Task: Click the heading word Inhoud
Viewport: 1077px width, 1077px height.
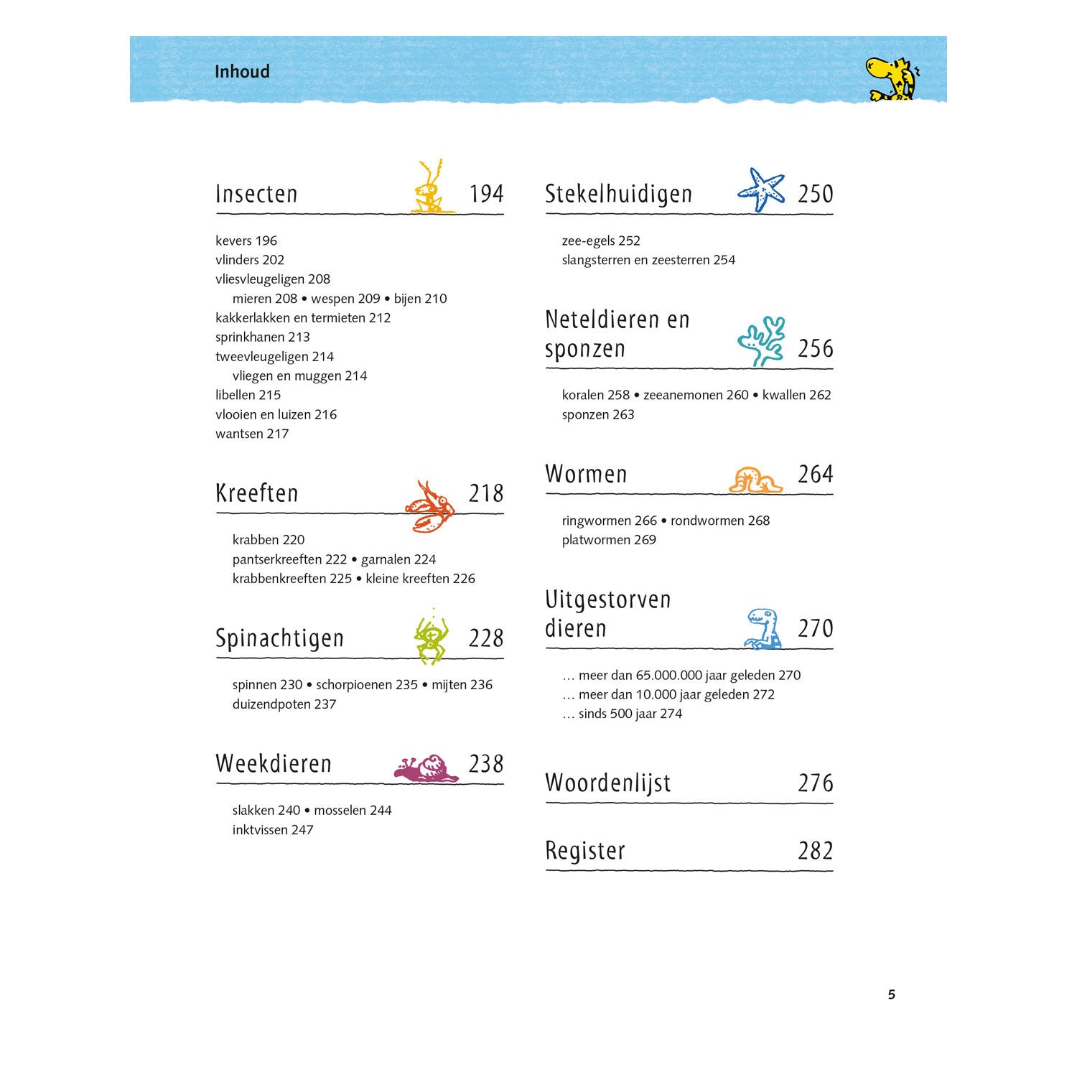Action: tap(242, 72)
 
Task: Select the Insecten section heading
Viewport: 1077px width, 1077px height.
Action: tap(256, 194)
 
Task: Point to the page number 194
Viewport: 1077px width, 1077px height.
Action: tap(486, 194)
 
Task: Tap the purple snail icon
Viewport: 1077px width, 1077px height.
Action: tap(426, 769)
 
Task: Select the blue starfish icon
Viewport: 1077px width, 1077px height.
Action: tap(762, 190)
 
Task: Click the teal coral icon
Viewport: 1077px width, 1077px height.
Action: tap(762, 342)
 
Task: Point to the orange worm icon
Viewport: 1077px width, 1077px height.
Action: tap(755, 480)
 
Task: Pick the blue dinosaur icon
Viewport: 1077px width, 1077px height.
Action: tap(763, 629)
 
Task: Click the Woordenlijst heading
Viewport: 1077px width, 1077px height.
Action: tap(607, 783)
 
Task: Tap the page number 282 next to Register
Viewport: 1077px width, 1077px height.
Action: tap(815, 851)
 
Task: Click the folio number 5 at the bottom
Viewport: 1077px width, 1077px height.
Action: tap(892, 994)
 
